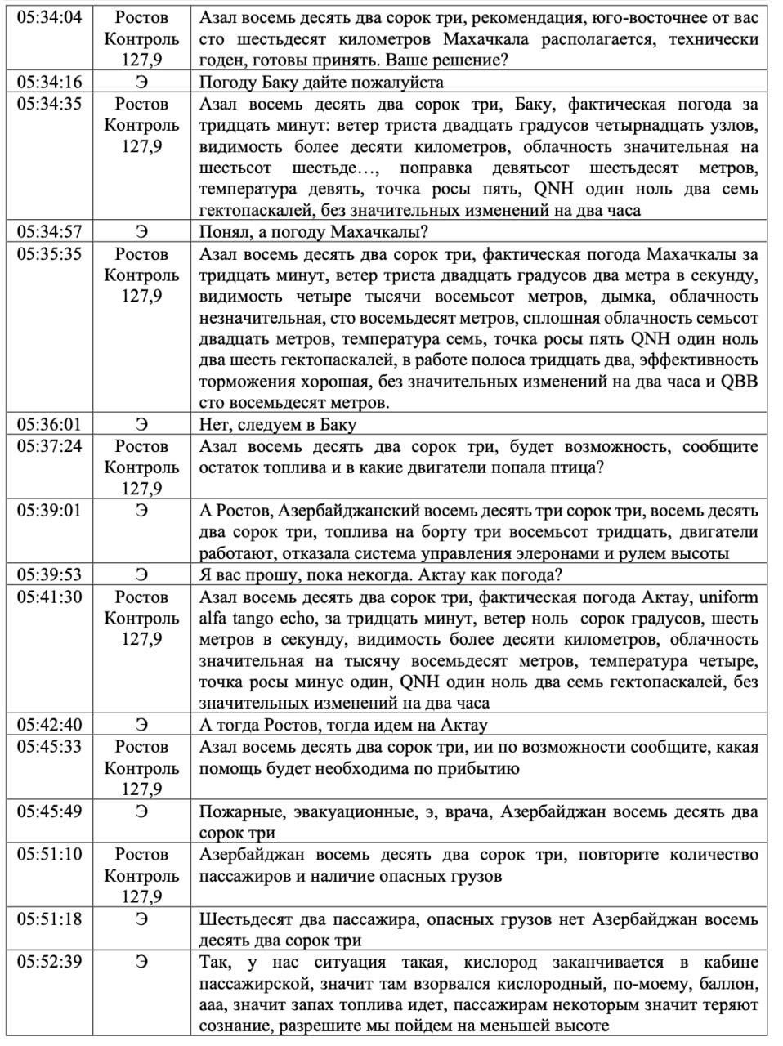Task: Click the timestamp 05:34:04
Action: click(50, 17)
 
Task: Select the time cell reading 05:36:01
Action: click(50, 424)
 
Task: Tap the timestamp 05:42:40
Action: click(50, 725)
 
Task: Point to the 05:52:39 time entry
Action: click(50, 962)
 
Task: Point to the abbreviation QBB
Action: click(739, 382)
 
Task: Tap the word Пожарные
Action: click(237, 811)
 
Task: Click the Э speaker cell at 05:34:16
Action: click(141, 82)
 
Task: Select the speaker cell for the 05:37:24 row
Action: click(141, 467)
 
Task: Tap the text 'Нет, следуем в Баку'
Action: click(278, 424)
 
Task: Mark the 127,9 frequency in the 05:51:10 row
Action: click(141, 896)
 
